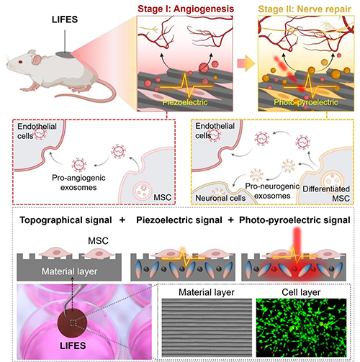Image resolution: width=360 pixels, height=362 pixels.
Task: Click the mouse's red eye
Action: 20,62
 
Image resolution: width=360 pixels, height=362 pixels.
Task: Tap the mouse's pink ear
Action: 37,60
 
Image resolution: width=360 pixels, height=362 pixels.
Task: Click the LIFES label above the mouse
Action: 65,19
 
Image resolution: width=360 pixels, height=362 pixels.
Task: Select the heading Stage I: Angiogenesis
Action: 186,9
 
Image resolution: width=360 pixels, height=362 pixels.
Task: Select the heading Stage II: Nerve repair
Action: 305,9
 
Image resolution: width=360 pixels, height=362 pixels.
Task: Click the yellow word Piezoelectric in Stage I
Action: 185,102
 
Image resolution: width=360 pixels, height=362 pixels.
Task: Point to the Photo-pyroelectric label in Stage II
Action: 306,102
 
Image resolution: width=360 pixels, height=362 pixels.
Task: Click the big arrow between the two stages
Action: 246,63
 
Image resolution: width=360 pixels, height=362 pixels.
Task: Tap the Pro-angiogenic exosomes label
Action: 78,182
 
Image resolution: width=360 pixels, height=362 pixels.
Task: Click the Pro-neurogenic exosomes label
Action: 272,191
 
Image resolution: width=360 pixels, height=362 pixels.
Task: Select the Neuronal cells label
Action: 220,198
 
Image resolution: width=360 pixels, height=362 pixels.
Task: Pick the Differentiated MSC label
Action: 326,194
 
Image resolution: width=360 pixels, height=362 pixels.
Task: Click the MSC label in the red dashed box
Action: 163,197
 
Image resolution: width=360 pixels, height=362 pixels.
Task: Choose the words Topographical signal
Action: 66,220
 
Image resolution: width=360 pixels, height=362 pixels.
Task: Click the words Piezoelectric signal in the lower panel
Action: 179,220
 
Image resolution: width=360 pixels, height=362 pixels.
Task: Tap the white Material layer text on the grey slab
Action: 69,271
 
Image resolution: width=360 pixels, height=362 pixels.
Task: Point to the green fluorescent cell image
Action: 302,327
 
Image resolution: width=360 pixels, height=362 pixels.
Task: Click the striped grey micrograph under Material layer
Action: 207,327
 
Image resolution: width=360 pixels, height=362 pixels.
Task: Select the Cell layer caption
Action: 301,292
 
